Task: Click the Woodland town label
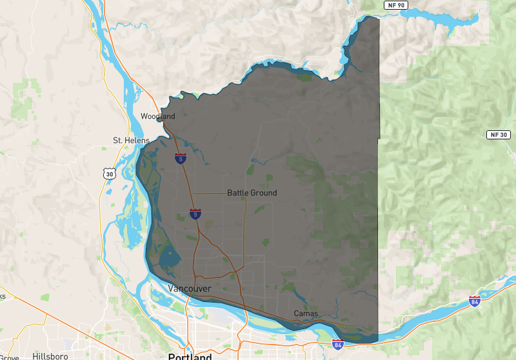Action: [158, 116]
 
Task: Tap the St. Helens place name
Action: [131, 140]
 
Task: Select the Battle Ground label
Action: [252, 193]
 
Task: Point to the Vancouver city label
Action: [189, 288]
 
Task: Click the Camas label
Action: [306, 314]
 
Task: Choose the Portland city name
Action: [190, 356]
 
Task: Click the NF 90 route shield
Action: [396, 5]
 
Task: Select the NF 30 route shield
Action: [497, 135]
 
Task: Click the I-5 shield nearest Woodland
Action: [180, 158]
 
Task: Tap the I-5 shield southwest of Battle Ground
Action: [195, 214]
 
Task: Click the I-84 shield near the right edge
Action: [475, 301]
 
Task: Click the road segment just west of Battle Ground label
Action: [210, 193]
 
